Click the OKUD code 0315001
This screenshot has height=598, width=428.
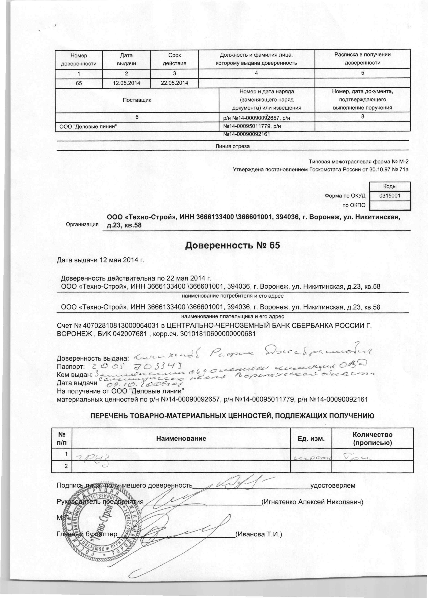click(390, 196)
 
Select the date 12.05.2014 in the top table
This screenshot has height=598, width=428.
click(126, 83)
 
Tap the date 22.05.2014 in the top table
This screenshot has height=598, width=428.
click(174, 83)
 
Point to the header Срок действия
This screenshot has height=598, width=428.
click(174, 59)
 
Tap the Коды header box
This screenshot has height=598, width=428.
click(390, 186)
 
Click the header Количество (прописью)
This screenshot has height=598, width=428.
click(372, 438)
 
